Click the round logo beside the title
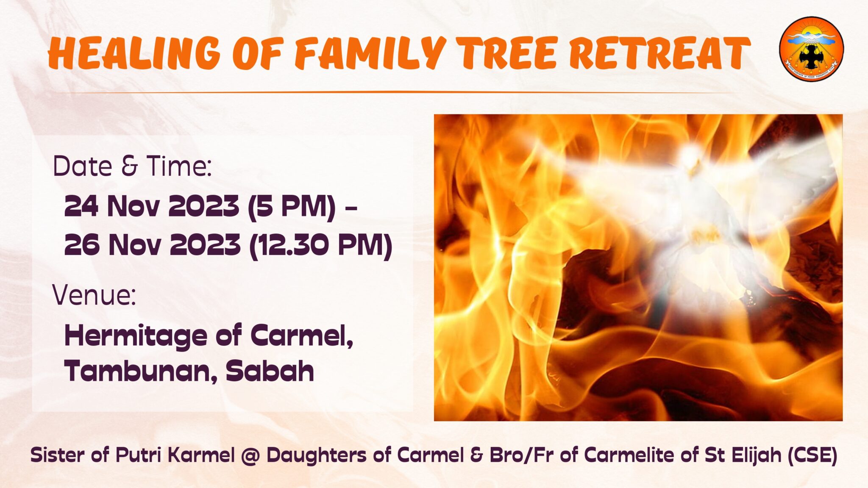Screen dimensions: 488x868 [x=811, y=49]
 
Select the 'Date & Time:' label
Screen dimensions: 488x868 [x=132, y=166]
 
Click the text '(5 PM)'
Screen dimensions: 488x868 [x=292, y=206]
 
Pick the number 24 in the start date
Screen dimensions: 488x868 [x=81, y=206]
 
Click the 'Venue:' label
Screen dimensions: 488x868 [x=94, y=295]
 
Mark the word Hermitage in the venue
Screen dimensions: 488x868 [x=136, y=336]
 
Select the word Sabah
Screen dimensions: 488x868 [x=270, y=371]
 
